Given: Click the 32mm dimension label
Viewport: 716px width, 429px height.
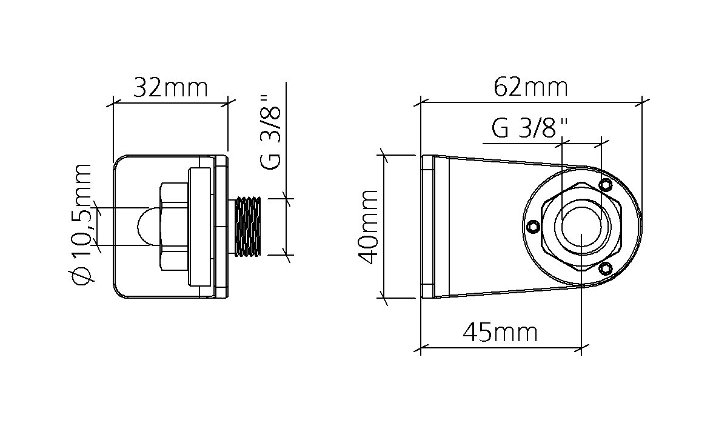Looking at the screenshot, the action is pyautogui.click(x=170, y=88).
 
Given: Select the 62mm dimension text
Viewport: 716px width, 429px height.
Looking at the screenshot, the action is pyautogui.click(x=531, y=87).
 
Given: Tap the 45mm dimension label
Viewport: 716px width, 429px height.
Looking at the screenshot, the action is pyautogui.click(x=500, y=333).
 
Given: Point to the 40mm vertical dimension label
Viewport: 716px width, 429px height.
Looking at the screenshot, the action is pyautogui.click(x=368, y=227).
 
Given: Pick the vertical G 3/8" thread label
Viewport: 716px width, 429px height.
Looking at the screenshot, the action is pyautogui.click(x=270, y=132).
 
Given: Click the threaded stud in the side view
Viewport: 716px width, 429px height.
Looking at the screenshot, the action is pyautogui.click(x=247, y=227).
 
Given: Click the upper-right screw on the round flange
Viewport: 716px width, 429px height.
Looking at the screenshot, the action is pyautogui.click(x=606, y=184).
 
